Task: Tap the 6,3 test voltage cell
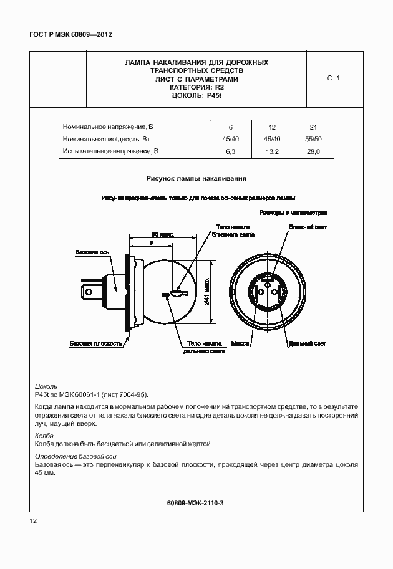pyautogui.click(x=230, y=151)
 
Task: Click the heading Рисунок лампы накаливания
pyautogui.click(x=196, y=178)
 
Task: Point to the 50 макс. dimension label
pyautogui.click(x=162, y=234)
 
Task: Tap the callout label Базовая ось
pyautogui.click(x=92, y=253)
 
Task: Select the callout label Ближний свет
pyautogui.click(x=308, y=228)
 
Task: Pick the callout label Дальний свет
pyautogui.click(x=306, y=343)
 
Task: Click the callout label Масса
pyautogui.click(x=240, y=343)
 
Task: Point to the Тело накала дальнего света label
pyautogui.click(x=204, y=347)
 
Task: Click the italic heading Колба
pyautogui.click(x=44, y=436)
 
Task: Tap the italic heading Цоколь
pyautogui.click(x=47, y=386)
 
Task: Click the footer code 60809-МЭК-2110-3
pyautogui.click(x=196, y=502)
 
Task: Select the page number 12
pyautogui.click(x=33, y=520)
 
